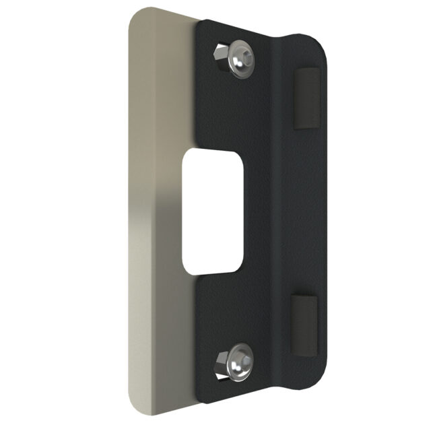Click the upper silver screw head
[242, 59]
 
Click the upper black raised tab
[305, 96]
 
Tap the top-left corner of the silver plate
[132, 12]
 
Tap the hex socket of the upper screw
[243, 56]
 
